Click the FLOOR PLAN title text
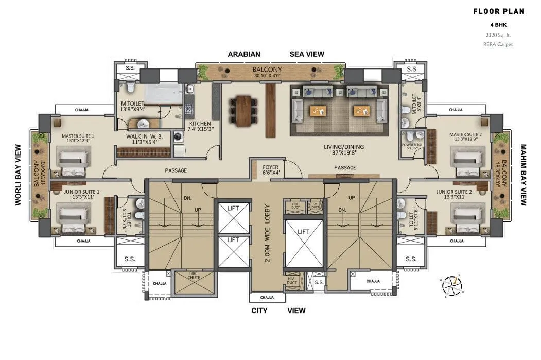pos(498,11)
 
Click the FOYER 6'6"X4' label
pos(270,170)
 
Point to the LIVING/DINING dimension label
pos(344,149)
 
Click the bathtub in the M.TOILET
pos(162,94)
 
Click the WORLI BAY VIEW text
pos(18,175)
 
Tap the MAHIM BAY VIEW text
pos(523,175)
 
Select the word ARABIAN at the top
pos(244,54)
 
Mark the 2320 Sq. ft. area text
pos(498,35)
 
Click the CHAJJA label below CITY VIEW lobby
pos(267,297)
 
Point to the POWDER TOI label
pos(412,145)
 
